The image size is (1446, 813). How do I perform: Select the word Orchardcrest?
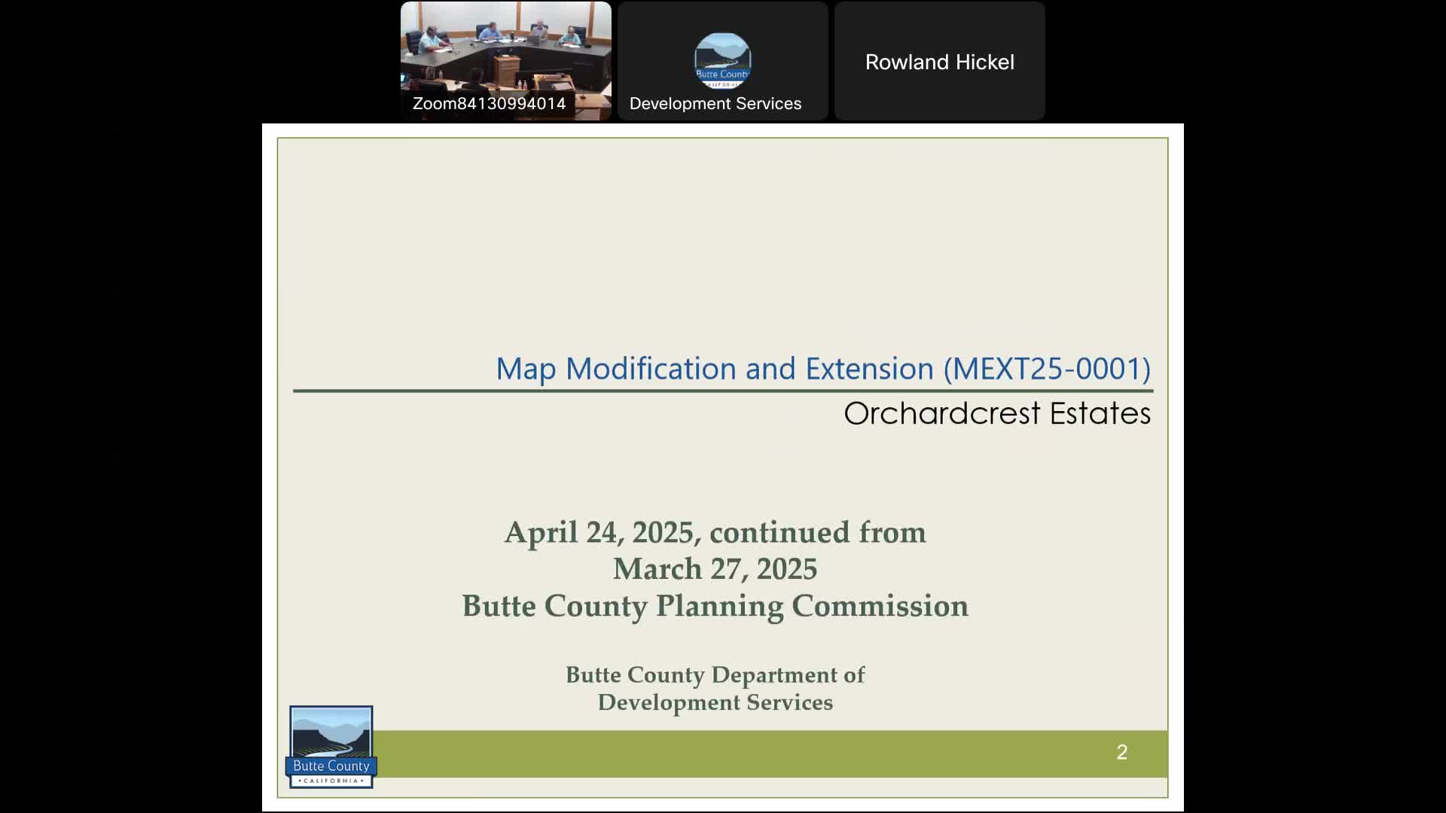[x=942, y=413]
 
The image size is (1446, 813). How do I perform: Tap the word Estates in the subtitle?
[x=1100, y=413]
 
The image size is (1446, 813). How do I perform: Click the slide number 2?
[x=1121, y=752]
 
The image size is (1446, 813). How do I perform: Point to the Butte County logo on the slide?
[x=331, y=747]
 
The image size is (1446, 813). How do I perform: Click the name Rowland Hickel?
[x=939, y=62]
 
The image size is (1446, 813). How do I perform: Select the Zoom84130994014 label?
[x=489, y=104]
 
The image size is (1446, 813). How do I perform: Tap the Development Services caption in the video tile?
[x=715, y=104]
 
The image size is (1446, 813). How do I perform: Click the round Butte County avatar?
[x=722, y=61]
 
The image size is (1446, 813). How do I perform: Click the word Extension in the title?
[x=869, y=369]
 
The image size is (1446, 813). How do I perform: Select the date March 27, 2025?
[x=715, y=569]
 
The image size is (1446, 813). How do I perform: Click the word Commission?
[x=880, y=606]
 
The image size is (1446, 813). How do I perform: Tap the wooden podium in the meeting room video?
[x=506, y=73]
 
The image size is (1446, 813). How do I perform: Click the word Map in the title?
[x=526, y=370]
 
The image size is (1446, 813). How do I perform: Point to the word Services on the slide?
[x=789, y=702]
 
